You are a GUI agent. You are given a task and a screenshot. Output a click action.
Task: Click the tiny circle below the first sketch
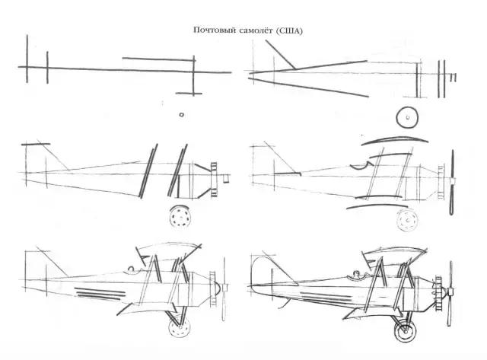[181, 115]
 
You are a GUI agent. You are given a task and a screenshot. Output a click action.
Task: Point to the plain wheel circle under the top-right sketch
[407, 117]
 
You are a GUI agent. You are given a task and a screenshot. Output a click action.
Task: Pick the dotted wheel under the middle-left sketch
[180, 216]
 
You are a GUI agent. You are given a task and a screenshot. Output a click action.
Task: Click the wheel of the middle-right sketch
[407, 220]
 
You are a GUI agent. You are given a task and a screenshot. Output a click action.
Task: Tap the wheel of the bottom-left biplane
[180, 327]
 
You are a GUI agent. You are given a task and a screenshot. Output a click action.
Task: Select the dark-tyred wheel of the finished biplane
[405, 330]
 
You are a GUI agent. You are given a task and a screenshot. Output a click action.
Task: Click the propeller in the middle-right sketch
[453, 183]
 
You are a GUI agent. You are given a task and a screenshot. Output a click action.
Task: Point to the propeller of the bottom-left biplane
[224, 289]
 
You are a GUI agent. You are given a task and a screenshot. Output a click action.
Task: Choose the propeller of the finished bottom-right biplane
[450, 293]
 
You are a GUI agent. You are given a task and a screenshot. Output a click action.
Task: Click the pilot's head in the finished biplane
[357, 274]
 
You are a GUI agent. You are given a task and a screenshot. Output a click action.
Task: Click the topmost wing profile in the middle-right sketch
[395, 140]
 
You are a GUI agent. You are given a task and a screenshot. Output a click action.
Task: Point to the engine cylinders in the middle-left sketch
[214, 180]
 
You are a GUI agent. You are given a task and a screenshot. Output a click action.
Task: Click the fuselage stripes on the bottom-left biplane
[100, 294]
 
